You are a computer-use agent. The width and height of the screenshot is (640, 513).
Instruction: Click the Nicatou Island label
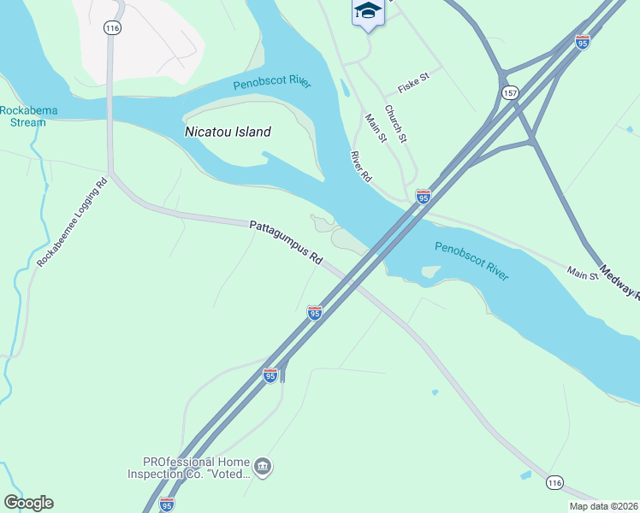228,132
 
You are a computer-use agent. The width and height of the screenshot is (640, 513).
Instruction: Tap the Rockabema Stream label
23,116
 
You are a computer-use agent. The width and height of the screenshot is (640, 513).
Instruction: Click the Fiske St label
412,90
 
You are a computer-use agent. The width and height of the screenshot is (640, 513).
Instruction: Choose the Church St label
394,125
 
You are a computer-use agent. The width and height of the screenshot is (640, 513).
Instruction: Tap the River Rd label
362,166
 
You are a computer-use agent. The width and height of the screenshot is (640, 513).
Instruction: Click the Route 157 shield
511,92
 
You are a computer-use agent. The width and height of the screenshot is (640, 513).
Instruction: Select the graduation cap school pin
367,12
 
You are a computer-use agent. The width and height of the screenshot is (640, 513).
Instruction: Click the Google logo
28,503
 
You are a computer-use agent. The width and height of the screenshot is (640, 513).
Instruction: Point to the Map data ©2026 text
603,506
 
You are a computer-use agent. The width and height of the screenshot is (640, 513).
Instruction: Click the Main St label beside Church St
376,128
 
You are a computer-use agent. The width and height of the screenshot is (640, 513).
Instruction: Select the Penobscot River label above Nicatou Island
272,84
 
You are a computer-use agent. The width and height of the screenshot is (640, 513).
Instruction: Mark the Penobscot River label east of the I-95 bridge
471,262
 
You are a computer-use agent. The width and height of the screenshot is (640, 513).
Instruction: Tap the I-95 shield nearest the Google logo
167,504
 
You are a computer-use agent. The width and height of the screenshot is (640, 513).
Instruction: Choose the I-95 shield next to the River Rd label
423,197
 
